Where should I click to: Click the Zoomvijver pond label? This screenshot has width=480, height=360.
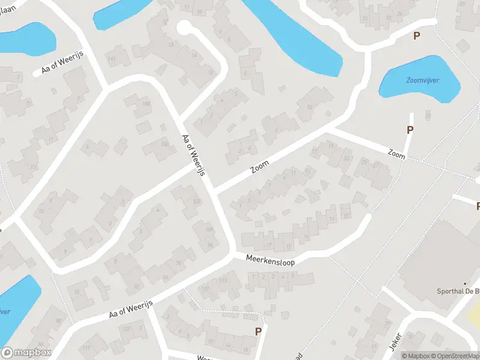[x=419, y=80]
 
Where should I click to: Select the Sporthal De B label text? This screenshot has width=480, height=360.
[x=458, y=292]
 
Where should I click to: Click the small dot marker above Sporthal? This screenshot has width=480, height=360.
[x=465, y=283]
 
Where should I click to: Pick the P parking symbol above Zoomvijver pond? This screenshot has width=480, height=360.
[x=416, y=36]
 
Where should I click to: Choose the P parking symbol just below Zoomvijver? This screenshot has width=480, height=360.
[x=410, y=130]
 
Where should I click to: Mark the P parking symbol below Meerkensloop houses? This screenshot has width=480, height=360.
[x=259, y=331]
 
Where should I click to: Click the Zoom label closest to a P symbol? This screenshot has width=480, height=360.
[x=397, y=155]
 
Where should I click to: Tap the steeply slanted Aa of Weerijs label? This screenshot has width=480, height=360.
[x=194, y=155]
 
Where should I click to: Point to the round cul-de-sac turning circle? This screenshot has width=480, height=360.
[x=184, y=27]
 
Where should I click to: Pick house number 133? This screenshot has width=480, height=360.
[x=223, y=280]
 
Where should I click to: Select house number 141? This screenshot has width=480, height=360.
[x=112, y=58]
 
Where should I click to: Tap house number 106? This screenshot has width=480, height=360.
[x=165, y=144]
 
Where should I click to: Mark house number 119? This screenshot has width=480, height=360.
[x=86, y=348]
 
